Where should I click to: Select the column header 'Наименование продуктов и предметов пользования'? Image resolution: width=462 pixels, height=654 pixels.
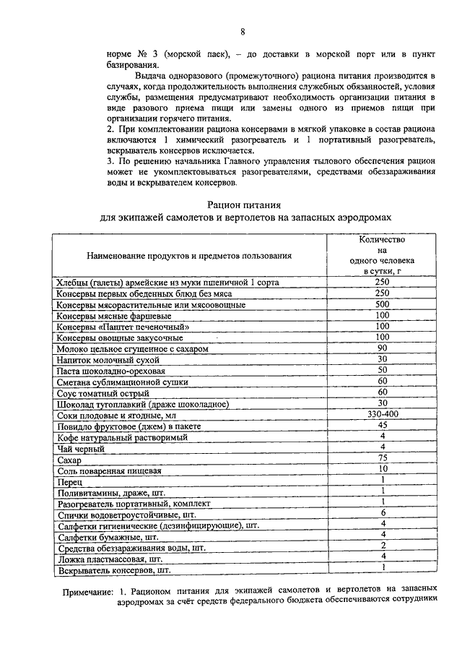pyautogui.click(x=189, y=255)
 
